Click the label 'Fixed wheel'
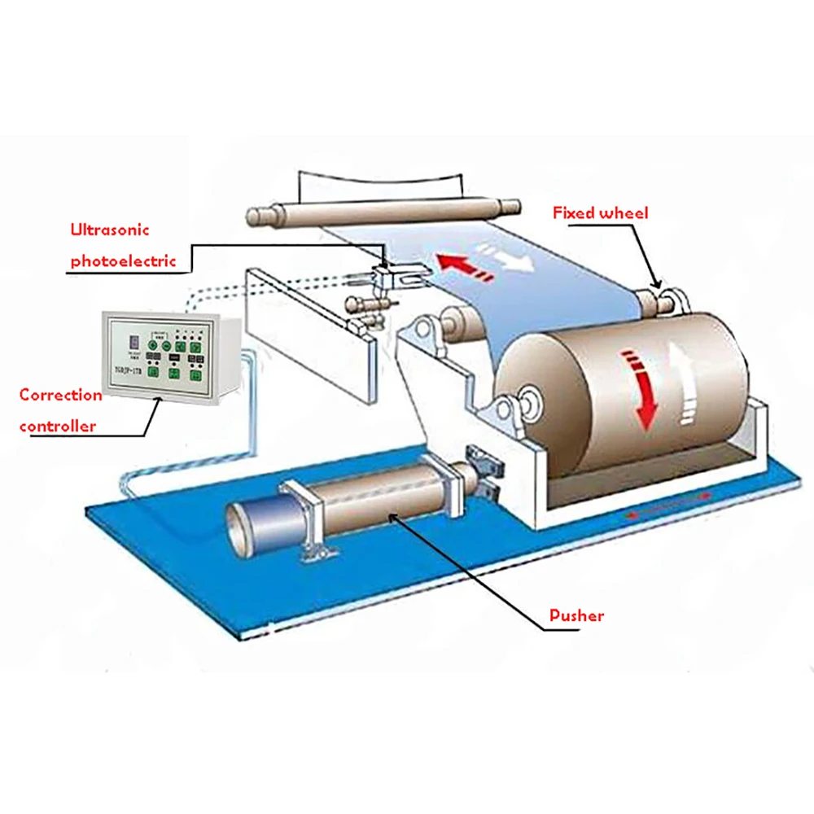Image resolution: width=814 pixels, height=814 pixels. click(x=600, y=214)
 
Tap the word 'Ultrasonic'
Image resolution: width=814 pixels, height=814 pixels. click(x=110, y=230)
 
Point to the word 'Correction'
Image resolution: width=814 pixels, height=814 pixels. click(x=61, y=396)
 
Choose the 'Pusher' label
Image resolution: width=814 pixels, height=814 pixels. click(x=576, y=615)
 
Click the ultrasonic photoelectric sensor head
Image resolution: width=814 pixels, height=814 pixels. click(x=392, y=276)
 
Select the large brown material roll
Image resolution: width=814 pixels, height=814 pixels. click(x=619, y=391)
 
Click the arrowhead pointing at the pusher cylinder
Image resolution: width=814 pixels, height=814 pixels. click(x=395, y=514)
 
